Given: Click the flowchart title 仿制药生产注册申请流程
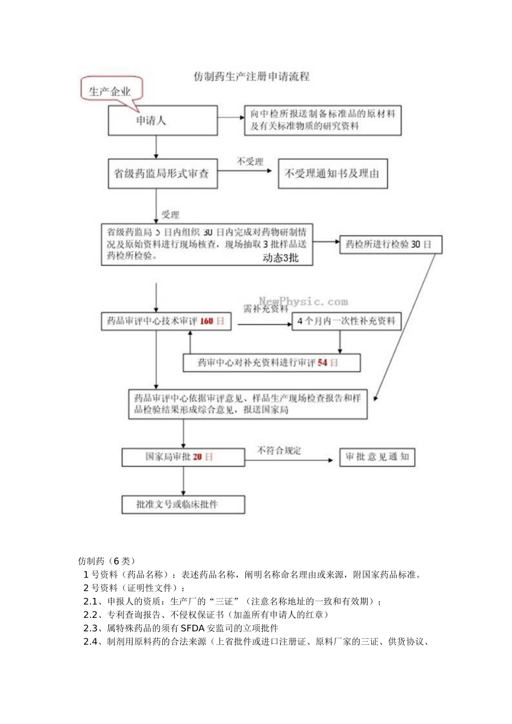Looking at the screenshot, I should point(252,76).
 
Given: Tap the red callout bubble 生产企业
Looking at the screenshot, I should point(110,91).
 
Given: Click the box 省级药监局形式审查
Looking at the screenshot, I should point(162,173).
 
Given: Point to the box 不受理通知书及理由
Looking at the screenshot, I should point(333,173).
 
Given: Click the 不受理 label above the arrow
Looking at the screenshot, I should point(250,161).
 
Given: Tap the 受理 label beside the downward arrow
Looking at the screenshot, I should point(170,214).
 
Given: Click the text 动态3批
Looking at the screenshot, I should point(280,257).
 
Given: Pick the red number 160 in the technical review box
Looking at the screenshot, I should point(206,321).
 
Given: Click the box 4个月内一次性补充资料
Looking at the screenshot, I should point(346,321).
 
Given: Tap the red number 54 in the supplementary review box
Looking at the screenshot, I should point(322,363).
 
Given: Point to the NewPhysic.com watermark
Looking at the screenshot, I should point(303,302).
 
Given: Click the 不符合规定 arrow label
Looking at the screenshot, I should point(279,450).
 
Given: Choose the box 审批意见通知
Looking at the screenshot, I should point(377,457).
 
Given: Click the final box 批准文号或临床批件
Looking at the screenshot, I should point(183,504).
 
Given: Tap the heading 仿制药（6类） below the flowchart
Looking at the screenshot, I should point(107,561).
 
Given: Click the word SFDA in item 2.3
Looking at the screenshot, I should point(192,628).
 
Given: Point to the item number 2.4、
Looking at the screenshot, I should point(94,641).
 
